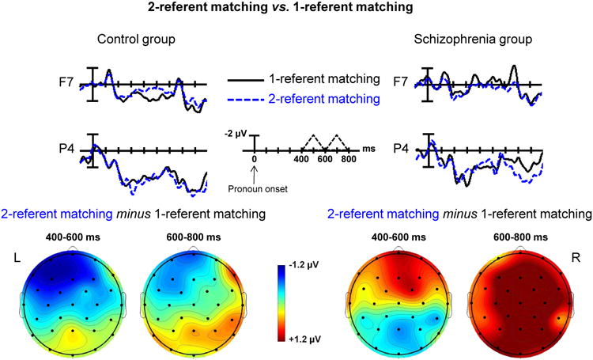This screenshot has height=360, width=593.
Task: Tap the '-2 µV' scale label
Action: pos(236,132)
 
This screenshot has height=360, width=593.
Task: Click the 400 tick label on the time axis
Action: pos(300,160)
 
